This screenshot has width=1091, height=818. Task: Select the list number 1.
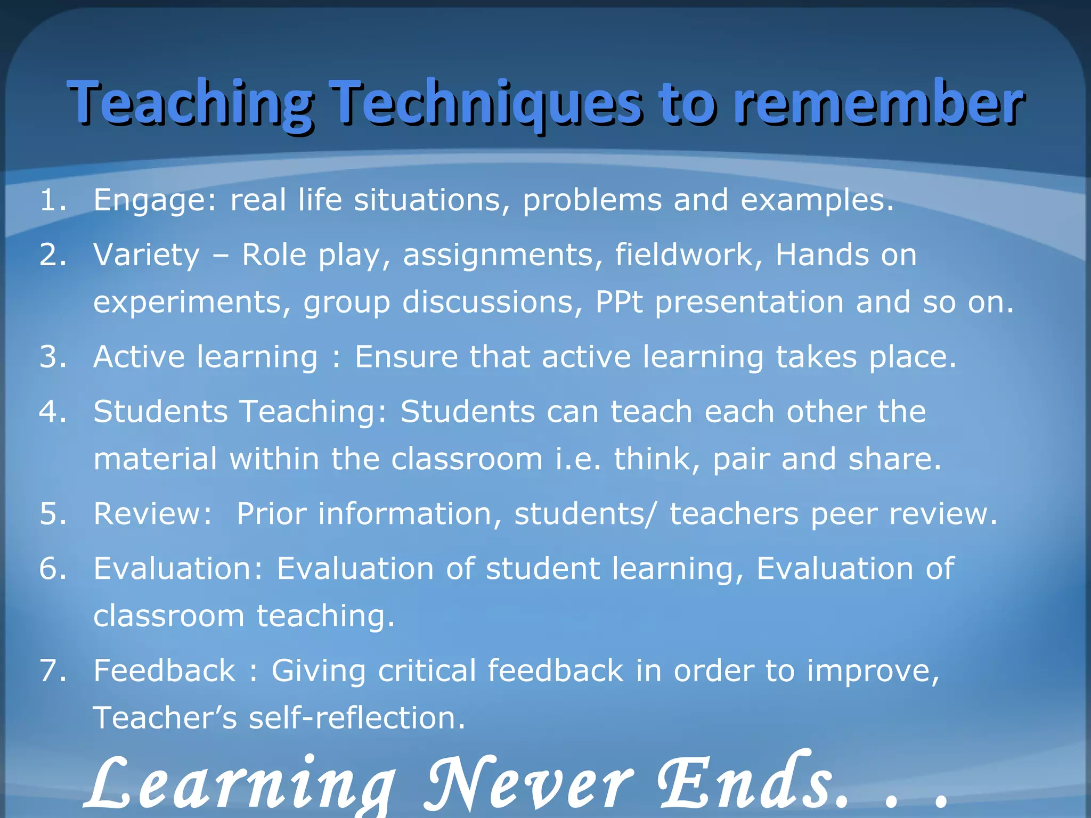(52, 200)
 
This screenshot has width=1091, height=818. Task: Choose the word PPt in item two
(618, 302)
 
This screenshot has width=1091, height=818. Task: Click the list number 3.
(52, 357)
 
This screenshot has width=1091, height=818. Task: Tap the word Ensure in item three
(406, 357)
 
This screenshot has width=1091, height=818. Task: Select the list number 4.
(52, 412)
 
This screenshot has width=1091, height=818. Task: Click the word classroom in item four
(467, 459)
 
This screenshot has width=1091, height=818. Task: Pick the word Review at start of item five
(152, 514)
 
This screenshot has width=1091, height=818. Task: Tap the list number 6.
(52, 569)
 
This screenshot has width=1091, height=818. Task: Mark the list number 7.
(52, 671)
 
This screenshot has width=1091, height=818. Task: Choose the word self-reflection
(356, 718)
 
